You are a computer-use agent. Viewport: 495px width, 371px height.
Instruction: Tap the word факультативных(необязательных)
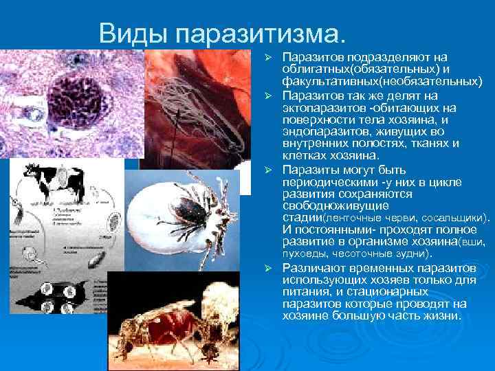(x=382, y=81)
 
